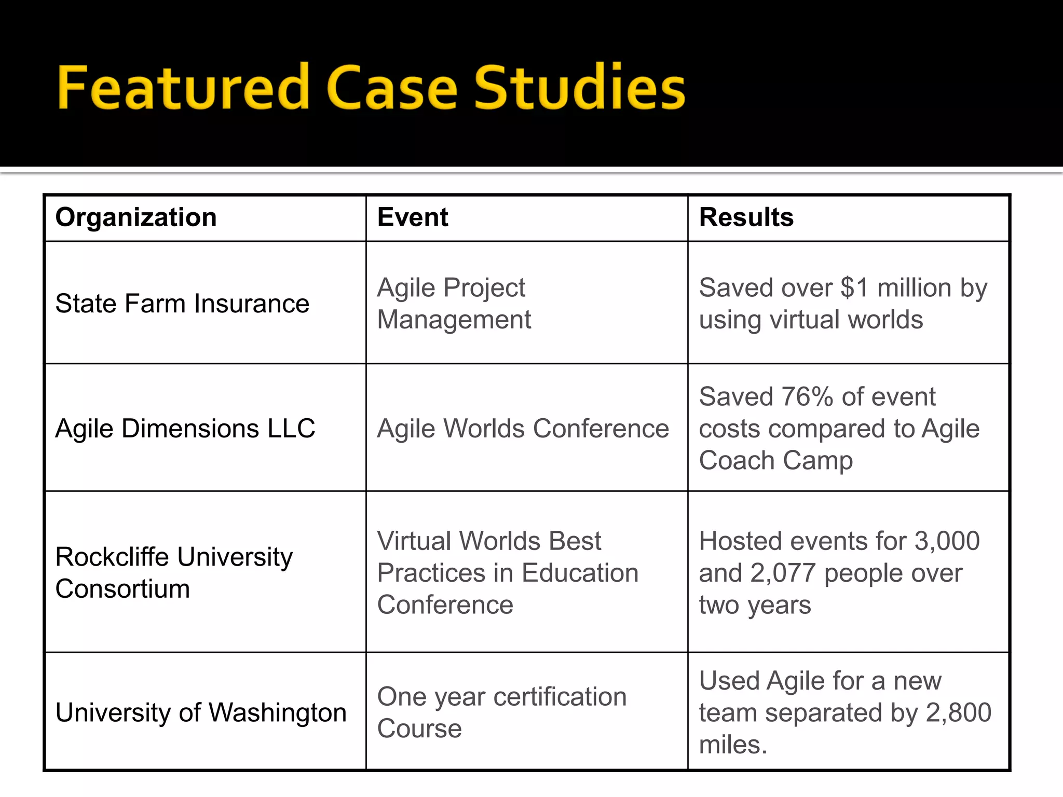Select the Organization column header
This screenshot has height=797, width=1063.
(136, 217)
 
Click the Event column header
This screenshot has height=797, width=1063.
(413, 217)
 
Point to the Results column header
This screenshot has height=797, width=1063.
(746, 217)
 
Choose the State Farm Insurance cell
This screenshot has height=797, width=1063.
(182, 304)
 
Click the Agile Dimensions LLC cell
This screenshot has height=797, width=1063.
(185, 429)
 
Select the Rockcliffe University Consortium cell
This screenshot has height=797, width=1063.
(174, 573)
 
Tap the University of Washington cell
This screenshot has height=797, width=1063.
(201, 712)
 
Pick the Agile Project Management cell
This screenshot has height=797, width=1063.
(454, 304)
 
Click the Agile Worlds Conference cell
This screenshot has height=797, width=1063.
(523, 429)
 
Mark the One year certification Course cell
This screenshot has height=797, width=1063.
(501, 712)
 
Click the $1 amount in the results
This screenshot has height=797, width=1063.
(854, 288)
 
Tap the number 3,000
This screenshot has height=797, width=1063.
(947, 541)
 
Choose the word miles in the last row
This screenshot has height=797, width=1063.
(732, 745)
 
